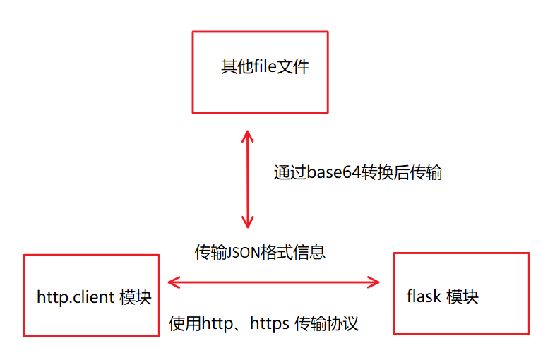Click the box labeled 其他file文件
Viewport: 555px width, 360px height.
[261, 71]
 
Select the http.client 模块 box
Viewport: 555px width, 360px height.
[91, 295]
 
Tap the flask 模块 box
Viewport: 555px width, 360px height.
[461, 294]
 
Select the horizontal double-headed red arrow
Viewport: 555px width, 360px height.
[273, 283]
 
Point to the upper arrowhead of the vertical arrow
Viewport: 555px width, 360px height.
[247, 136]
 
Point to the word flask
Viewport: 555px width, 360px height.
[424, 296]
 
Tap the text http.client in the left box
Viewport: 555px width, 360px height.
[76, 297]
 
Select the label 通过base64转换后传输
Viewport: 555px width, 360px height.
[358, 173]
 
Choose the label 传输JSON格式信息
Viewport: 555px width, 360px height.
[260, 252]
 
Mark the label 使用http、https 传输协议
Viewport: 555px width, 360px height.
[264, 324]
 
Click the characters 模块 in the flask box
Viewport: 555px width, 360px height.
[463, 296]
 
